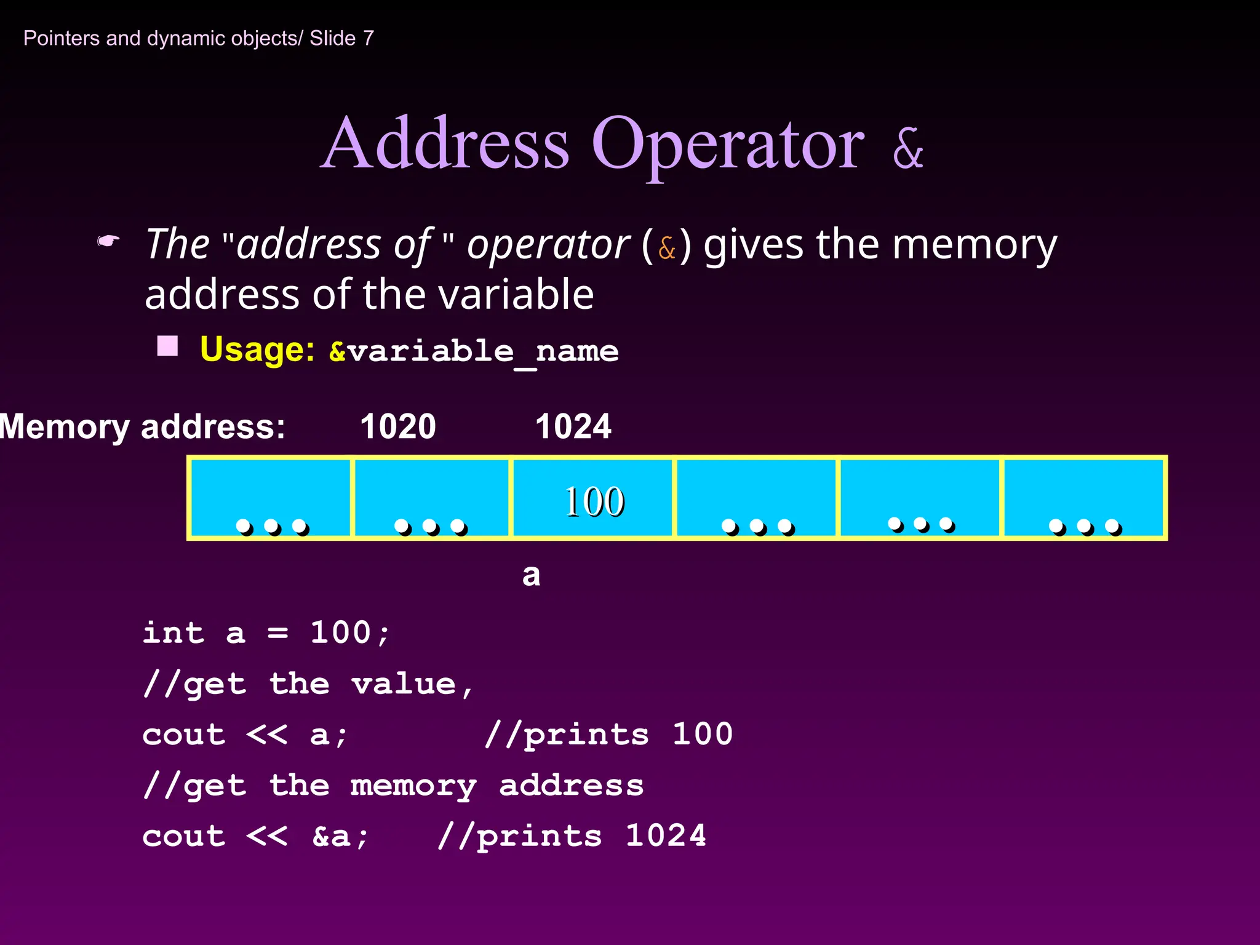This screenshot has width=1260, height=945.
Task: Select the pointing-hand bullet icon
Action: click(x=108, y=241)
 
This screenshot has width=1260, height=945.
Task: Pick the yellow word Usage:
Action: click(x=257, y=349)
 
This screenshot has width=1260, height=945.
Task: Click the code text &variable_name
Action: click(x=474, y=352)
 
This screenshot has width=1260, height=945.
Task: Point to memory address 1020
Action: click(x=398, y=426)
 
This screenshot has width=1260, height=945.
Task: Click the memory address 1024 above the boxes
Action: click(x=573, y=426)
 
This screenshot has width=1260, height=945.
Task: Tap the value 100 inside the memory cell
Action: click(x=594, y=501)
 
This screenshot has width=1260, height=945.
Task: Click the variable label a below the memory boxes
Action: click(x=531, y=575)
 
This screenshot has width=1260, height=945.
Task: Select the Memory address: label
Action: click(x=143, y=426)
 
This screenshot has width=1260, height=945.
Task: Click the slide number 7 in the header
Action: click(x=369, y=38)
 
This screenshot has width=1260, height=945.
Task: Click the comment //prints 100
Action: click(x=608, y=734)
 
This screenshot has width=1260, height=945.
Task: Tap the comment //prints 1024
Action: click(x=572, y=835)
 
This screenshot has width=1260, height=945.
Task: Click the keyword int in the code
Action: click(x=173, y=632)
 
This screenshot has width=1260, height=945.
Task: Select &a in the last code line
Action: click(x=339, y=836)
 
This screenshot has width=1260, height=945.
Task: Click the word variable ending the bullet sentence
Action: click(x=518, y=294)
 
